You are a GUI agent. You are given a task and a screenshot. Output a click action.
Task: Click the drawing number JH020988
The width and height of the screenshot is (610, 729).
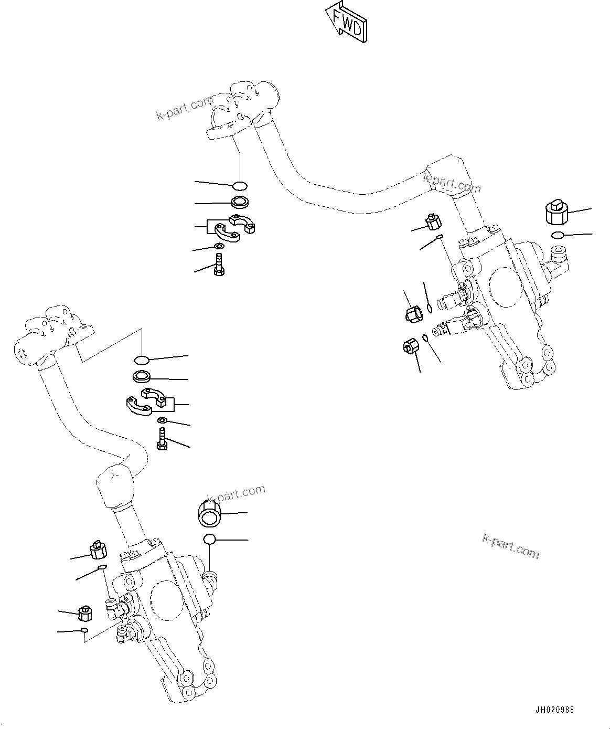click(554, 710)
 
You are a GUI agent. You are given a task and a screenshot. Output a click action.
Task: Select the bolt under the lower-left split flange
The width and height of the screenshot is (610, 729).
click(162, 438)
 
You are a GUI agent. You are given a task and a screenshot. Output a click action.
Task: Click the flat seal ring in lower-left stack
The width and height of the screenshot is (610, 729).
click(142, 376)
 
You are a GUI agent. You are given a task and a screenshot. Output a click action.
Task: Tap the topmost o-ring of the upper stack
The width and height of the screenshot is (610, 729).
click(240, 185)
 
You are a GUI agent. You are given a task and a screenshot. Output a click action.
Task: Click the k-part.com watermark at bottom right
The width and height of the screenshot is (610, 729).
click(510, 545)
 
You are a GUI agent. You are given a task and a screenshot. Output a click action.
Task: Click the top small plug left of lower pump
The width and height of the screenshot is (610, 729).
click(98, 550)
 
